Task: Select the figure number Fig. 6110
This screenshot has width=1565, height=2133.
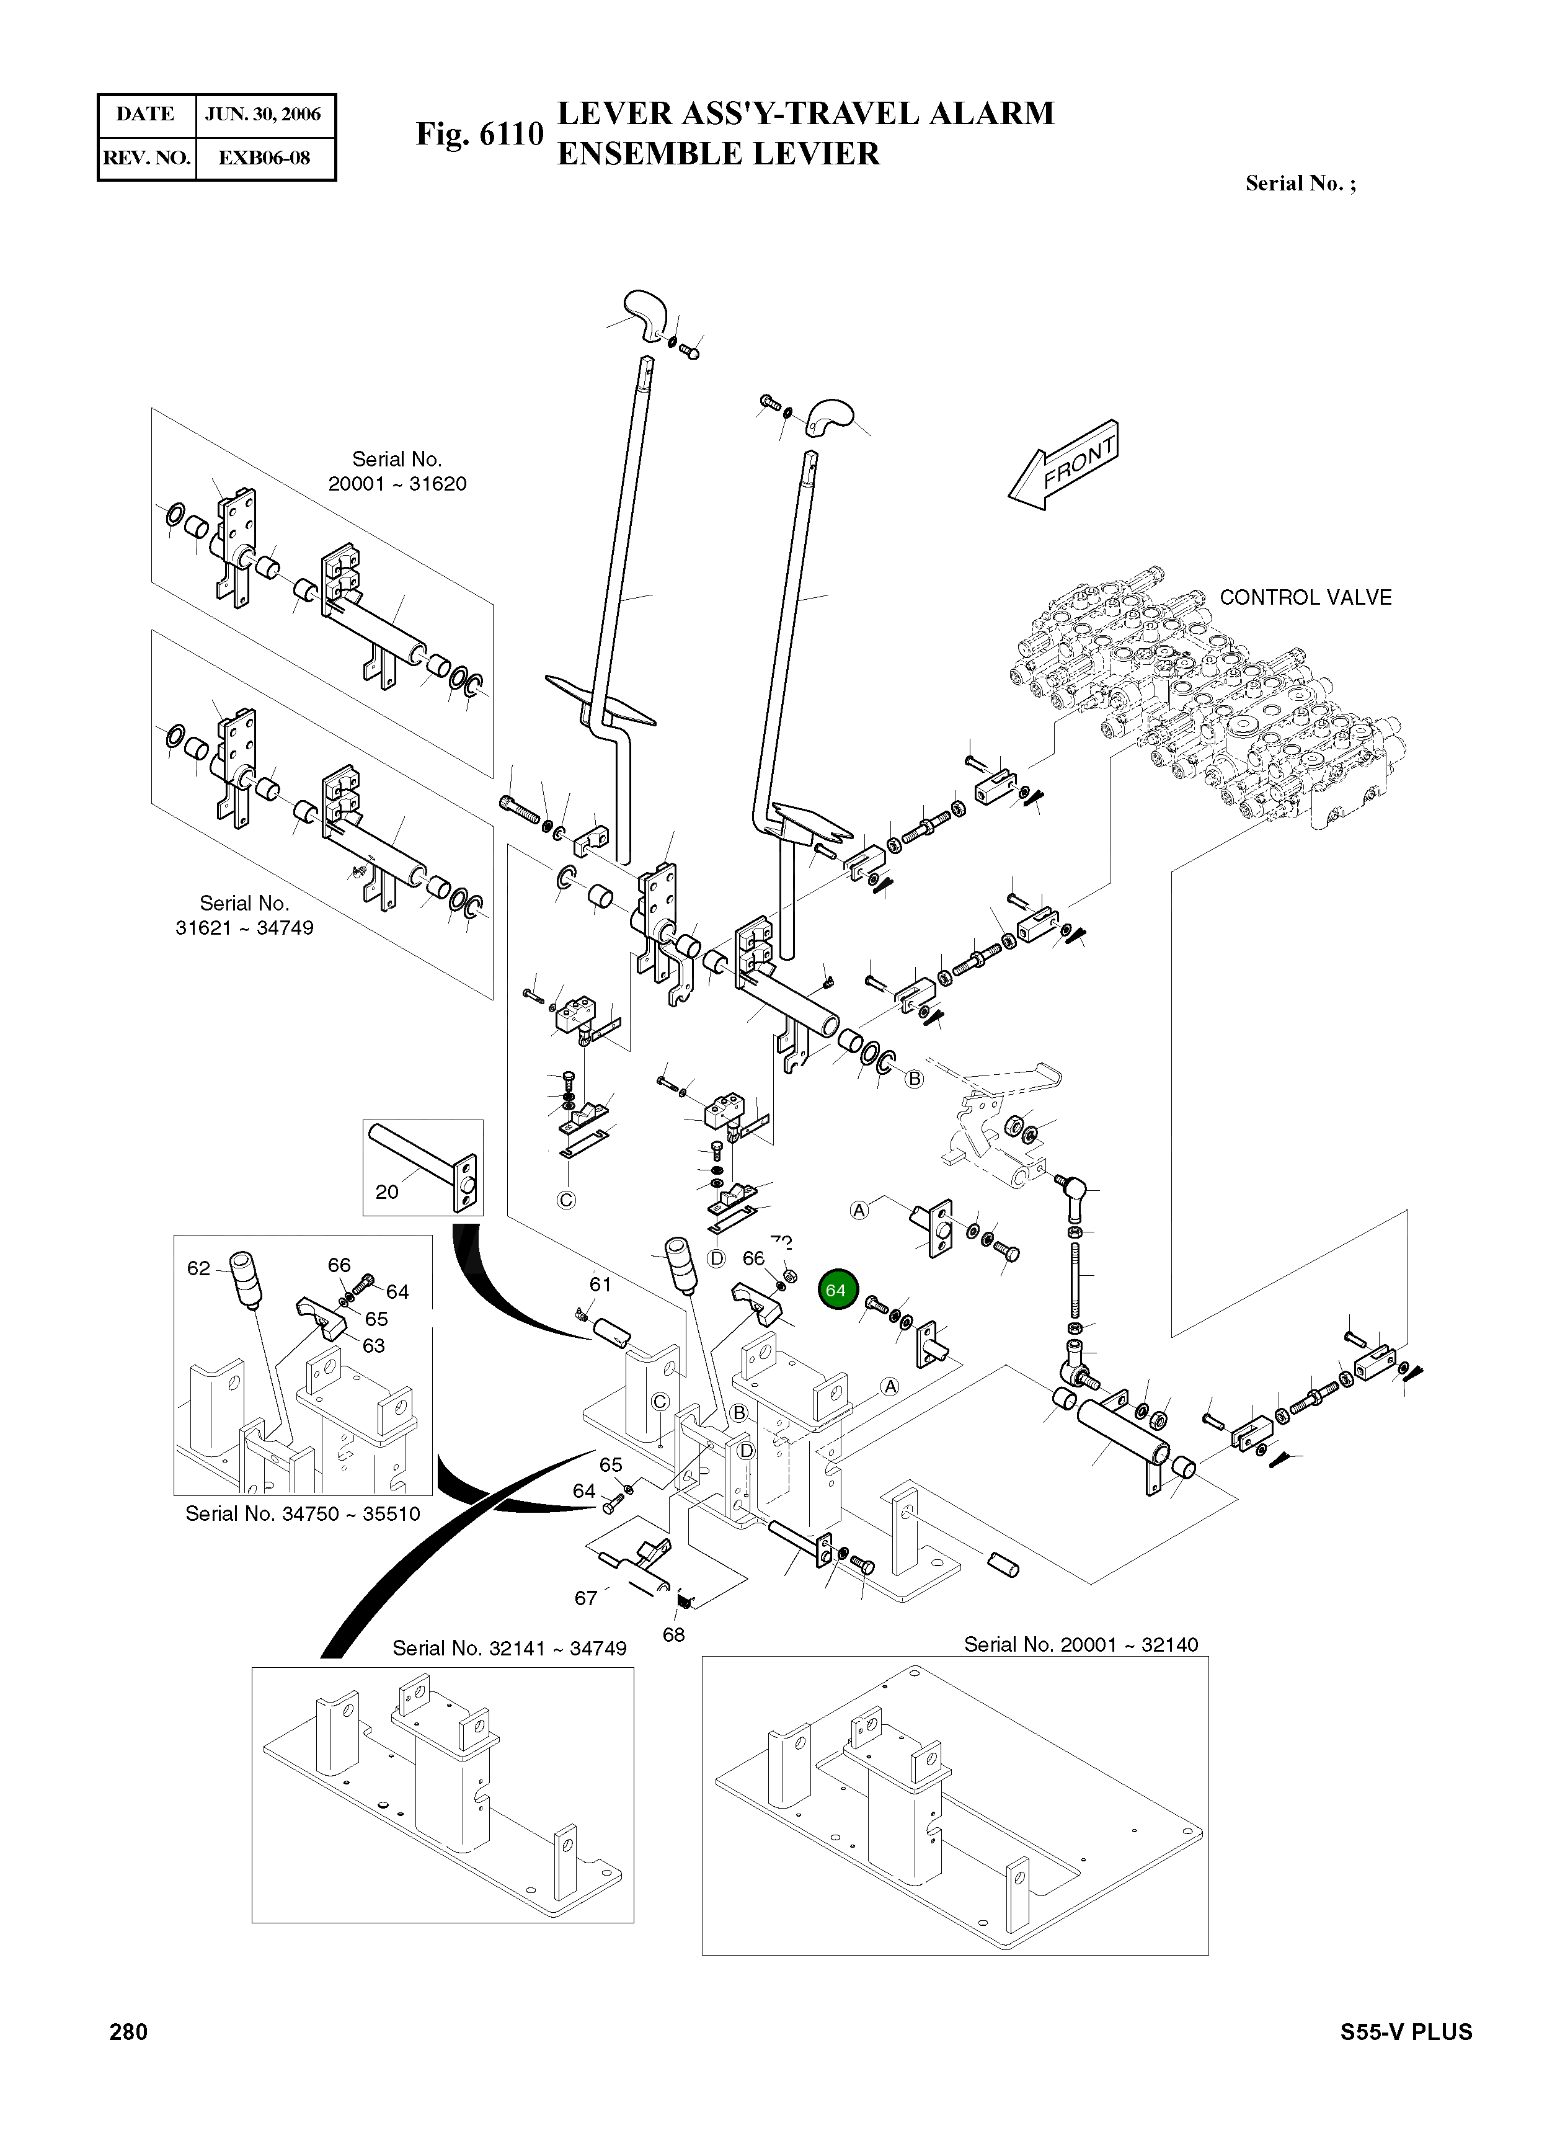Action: click(479, 135)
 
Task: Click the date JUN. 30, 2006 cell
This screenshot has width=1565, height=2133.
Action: click(264, 115)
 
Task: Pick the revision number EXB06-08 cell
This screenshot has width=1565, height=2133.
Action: click(264, 158)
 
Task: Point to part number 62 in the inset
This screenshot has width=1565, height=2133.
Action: click(198, 1268)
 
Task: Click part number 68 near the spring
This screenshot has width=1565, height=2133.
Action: click(673, 1634)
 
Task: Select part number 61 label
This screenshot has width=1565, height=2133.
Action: click(601, 1284)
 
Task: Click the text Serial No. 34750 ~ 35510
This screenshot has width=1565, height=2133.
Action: click(302, 1513)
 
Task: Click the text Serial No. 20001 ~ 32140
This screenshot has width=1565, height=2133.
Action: click(1080, 1644)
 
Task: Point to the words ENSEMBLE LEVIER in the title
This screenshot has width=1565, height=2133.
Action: click(718, 153)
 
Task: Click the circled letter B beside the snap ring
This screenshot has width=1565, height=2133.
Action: click(914, 1079)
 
